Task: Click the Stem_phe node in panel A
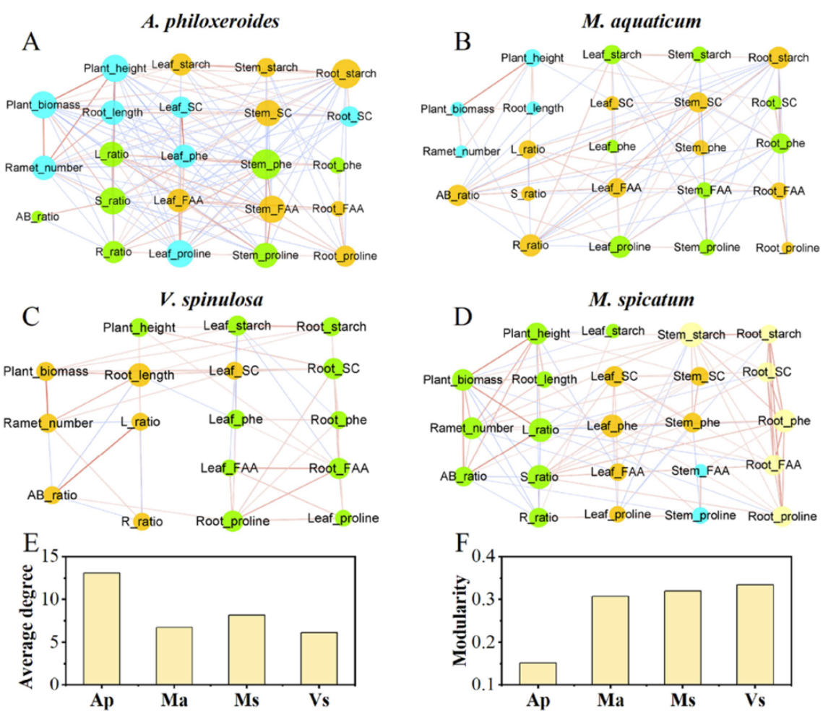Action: point(266,164)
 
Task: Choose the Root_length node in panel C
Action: point(139,374)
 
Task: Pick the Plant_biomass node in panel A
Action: point(43,105)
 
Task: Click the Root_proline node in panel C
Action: point(232,521)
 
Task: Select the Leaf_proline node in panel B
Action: point(619,246)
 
